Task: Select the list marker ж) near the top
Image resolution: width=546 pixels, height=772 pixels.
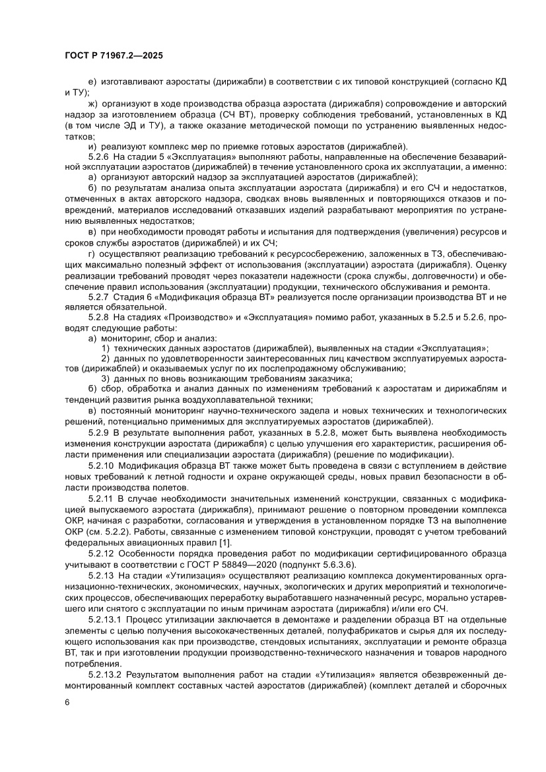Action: (92, 104)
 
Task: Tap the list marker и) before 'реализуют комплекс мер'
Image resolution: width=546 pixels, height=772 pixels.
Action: (92, 146)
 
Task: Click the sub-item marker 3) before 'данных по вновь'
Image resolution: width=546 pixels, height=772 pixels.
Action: (105, 379)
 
